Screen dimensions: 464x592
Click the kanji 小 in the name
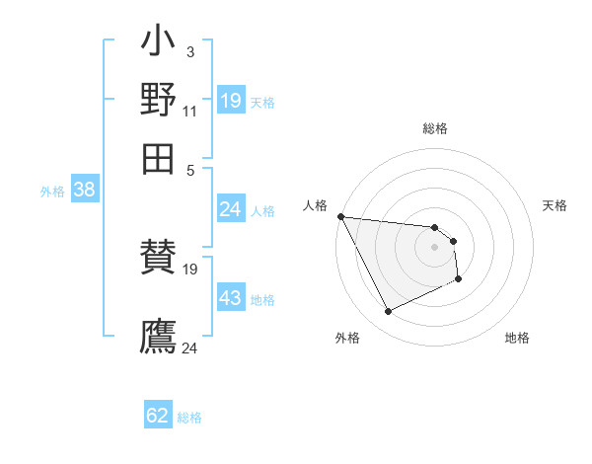(x=159, y=44)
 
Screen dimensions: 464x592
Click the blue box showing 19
(x=231, y=101)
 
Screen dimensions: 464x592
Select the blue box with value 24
(x=230, y=209)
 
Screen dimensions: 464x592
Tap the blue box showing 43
(x=230, y=298)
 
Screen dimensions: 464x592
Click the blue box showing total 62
(x=158, y=416)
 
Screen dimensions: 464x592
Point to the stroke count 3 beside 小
(x=189, y=52)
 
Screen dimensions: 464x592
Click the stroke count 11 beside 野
(x=189, y=111)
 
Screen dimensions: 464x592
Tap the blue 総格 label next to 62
(x=189, y=418)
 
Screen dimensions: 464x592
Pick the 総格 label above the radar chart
(x=435, y=128)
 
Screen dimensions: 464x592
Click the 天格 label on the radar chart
(x=555, y=205)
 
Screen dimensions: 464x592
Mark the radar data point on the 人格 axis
(x=340, y=216)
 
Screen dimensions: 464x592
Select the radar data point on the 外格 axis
(x=388, y=312)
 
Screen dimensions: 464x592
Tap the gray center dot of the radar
(x=434, y=246)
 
